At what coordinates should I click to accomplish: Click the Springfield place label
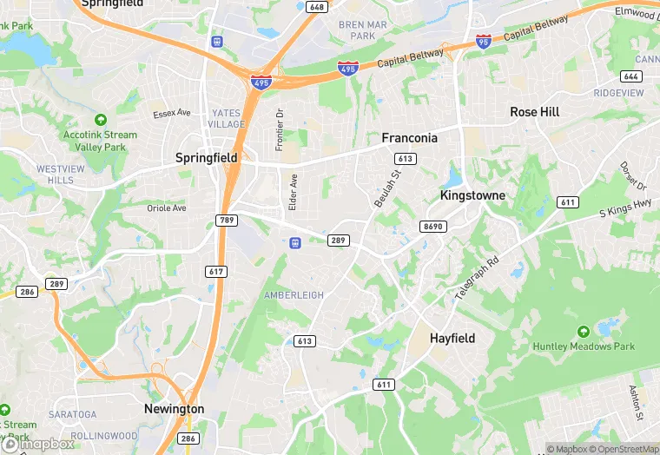206,158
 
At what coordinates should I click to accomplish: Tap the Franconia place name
410,138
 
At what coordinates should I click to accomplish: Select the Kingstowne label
472,195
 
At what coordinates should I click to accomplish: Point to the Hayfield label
452,338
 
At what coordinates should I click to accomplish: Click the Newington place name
174,409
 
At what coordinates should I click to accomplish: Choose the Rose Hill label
535,112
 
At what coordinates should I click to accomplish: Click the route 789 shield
227,221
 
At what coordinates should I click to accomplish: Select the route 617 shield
217,272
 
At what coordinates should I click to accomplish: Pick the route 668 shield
316,7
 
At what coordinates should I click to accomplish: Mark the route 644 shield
631,76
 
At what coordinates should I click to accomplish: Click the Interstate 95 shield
484,41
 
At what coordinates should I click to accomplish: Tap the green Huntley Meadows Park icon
583,332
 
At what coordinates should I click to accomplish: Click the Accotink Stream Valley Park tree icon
100,119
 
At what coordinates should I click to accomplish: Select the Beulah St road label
386,188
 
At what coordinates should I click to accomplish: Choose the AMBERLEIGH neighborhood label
294,295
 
